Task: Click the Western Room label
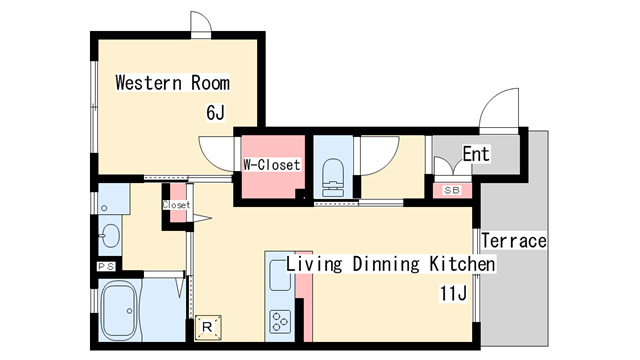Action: click(173, 82)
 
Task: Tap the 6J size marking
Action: click(216, 112)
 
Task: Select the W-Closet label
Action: click(272, 164)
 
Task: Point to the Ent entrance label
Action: click(476, 154)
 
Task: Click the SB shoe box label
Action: click(452, 190)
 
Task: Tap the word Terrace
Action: click(514, 240)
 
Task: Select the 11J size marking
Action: click(453, 293)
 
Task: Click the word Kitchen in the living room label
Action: click(462, 264)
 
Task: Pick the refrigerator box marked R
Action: click(208, 327)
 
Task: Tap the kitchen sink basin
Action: click(280, 276)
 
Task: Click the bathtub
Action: click(119, 311)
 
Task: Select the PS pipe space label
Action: click(106, 267)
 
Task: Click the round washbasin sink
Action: click(109, 236)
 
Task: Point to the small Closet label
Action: click(176, 205)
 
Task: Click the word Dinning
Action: click(386, 264)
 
